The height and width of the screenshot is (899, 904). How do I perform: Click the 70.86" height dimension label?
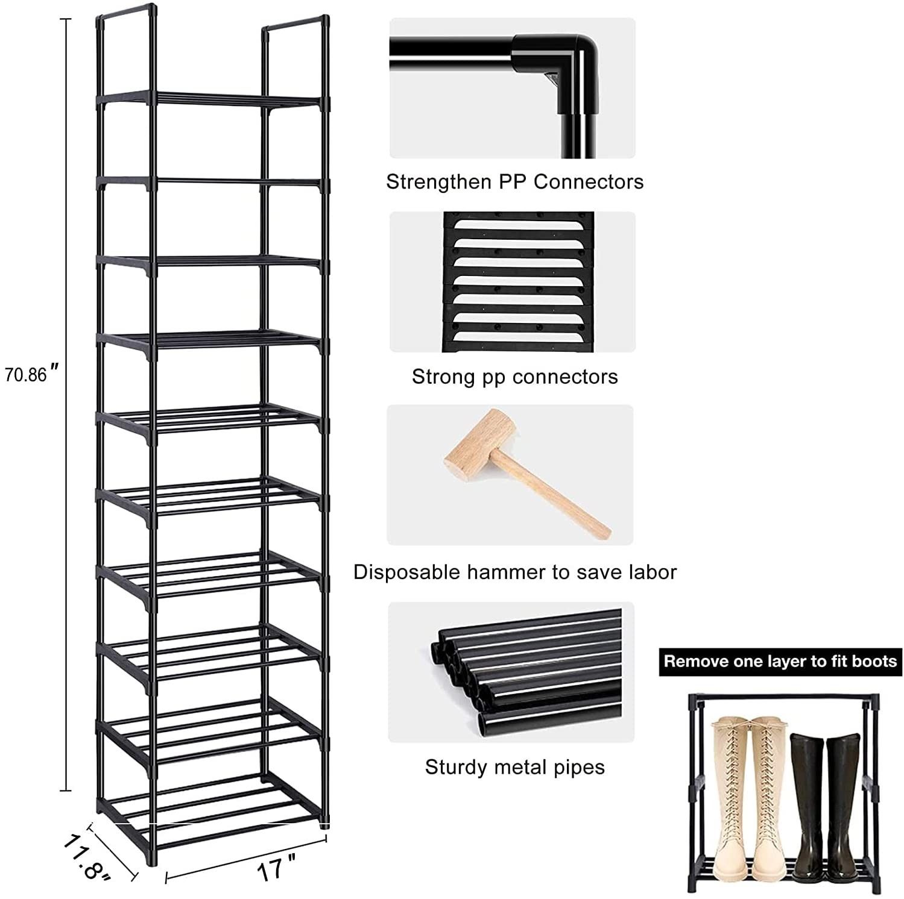tap(32, 374)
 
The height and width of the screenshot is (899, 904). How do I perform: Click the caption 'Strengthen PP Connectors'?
tap(514, 181)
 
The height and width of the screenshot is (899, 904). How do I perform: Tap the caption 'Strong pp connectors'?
tap(514, 377)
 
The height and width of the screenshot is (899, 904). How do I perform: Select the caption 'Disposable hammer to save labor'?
tap(515, 572)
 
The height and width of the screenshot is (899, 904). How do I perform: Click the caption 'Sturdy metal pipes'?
tap(514, 767)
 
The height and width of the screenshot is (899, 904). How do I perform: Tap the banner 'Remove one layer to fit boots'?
tap(780, 662)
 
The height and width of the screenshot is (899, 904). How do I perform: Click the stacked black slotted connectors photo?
tap(518, 281)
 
